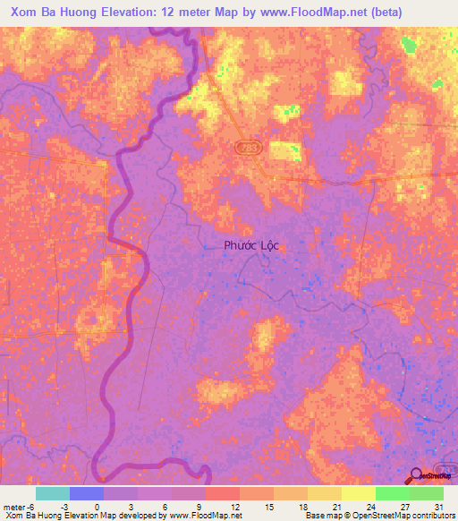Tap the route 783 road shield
pyautogui.click(x=245, y=146)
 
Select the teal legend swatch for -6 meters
pyautogui.click(x=52, y=493)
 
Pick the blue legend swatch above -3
pyautogui.click(x=86, y=493)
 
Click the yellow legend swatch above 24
pyautogui.click(x=358, y=493)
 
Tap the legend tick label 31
pyautogui.click(x=438, y=506)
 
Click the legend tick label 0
pyautogui.click(x=97, y=506)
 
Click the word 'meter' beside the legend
pyautogui.click(x=13, y=506)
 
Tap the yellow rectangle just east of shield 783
pyautogui.click(x=284, y=150)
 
